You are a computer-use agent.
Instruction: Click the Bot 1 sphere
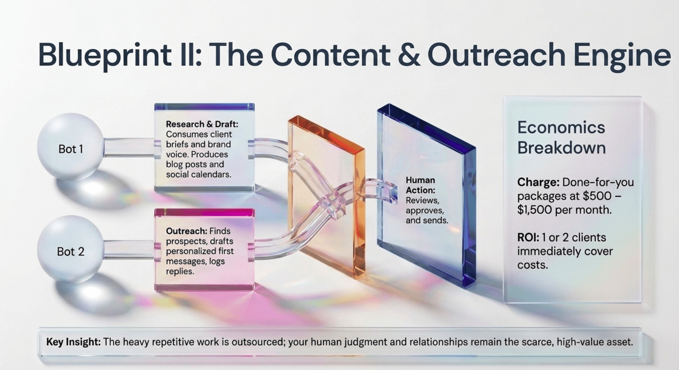[70, 146]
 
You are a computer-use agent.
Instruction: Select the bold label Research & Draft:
[202, 124]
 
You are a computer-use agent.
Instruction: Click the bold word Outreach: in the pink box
[187, 231]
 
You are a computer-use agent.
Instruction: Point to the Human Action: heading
[420, 185]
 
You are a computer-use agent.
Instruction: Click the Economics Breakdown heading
[561, 138]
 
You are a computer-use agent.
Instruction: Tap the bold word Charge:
[538, 182]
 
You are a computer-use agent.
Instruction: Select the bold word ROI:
[528, 237]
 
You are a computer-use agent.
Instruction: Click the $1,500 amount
[534, 210]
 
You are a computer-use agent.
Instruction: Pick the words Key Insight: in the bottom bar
[73, 342]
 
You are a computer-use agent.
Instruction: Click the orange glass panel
[326, 197]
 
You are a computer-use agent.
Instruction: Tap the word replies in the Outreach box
[180, 271]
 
